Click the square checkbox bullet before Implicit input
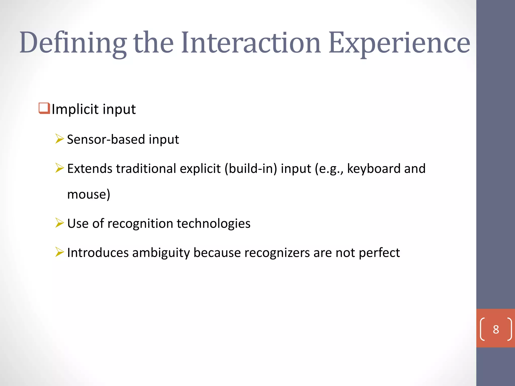coord(44,108)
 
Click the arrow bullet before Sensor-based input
coord(59,139)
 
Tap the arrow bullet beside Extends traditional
coord(59,168)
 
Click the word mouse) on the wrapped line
coord(89,194)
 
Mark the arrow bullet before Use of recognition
coord(59,223)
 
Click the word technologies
coord(213,223)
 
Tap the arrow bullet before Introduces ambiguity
coord(59,252)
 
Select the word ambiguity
coord(161,253)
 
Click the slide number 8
coord(496,329)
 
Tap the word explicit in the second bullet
coord(200,168)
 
